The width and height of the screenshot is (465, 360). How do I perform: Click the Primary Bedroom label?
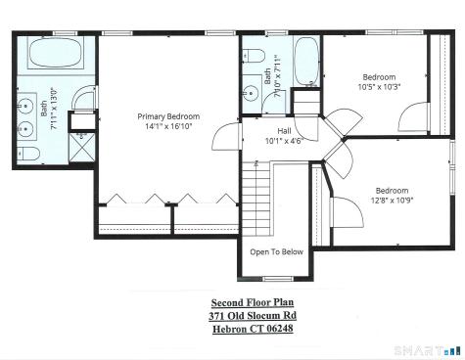pos(168,115)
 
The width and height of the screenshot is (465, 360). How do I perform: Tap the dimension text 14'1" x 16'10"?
pos(168,126)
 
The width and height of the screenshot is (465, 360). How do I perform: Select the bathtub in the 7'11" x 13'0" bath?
pos(54,58)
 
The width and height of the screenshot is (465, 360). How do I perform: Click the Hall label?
pos(284,130)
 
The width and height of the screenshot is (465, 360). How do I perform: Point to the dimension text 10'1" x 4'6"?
pos(284,140)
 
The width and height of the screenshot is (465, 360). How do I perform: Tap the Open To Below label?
pos(277,251)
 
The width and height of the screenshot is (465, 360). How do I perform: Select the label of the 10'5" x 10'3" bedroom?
pos(379,76)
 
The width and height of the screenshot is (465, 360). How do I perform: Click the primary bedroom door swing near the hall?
pos(225,137)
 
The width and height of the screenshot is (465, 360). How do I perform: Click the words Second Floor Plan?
pos(252,303)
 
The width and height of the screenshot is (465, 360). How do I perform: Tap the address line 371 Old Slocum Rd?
pos(252,316)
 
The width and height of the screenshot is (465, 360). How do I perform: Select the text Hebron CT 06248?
pos(252,329)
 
